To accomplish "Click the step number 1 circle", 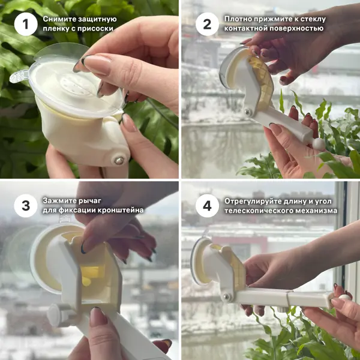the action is click(x=26, y=24).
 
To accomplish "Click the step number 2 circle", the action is click(x=207, y=24).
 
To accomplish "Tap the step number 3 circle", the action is click(x=26, y=206).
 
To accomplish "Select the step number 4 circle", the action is click(x=207, y=206).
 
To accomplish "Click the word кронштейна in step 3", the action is click(x=121, y=211).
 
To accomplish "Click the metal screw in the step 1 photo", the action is click(x=119, y=160).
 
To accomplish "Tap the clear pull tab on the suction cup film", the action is click(x=19, y=77).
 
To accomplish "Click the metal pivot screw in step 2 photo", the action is click(x=247, y=113).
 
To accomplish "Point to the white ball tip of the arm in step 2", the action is click(x=319, y=144).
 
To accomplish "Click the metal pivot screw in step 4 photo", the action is click(x=227, y=296).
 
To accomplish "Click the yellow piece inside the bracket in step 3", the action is click(x=92, y=273).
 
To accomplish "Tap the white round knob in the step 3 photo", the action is click(x=53, y=315).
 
